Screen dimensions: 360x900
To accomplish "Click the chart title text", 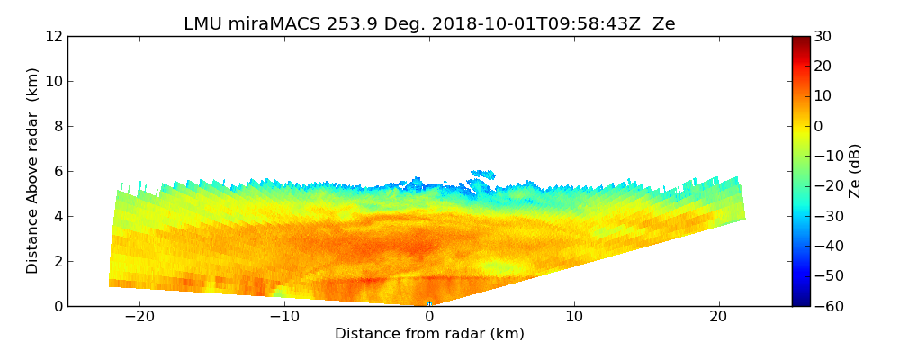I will coord(429,24).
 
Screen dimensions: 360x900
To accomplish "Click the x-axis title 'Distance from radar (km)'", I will coord(429,334).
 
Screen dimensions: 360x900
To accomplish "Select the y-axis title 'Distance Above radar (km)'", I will coord(33,171).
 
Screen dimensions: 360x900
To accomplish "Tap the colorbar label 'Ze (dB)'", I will coord(855,171).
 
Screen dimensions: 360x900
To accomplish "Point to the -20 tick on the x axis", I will coord(139,318).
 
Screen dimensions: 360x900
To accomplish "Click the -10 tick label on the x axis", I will coord(284,318).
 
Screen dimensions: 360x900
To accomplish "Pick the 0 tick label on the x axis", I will coord(429,318).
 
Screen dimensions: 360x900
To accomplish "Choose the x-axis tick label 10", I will coord(574,318).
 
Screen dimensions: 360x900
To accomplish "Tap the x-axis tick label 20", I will coord(719,318).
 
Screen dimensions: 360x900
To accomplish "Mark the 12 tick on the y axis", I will coord(53,36).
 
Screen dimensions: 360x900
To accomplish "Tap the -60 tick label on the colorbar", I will coord(827,306).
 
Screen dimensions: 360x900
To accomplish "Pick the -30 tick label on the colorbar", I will coord(827,216).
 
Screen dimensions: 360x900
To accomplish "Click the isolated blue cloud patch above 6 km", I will coord(483,174).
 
